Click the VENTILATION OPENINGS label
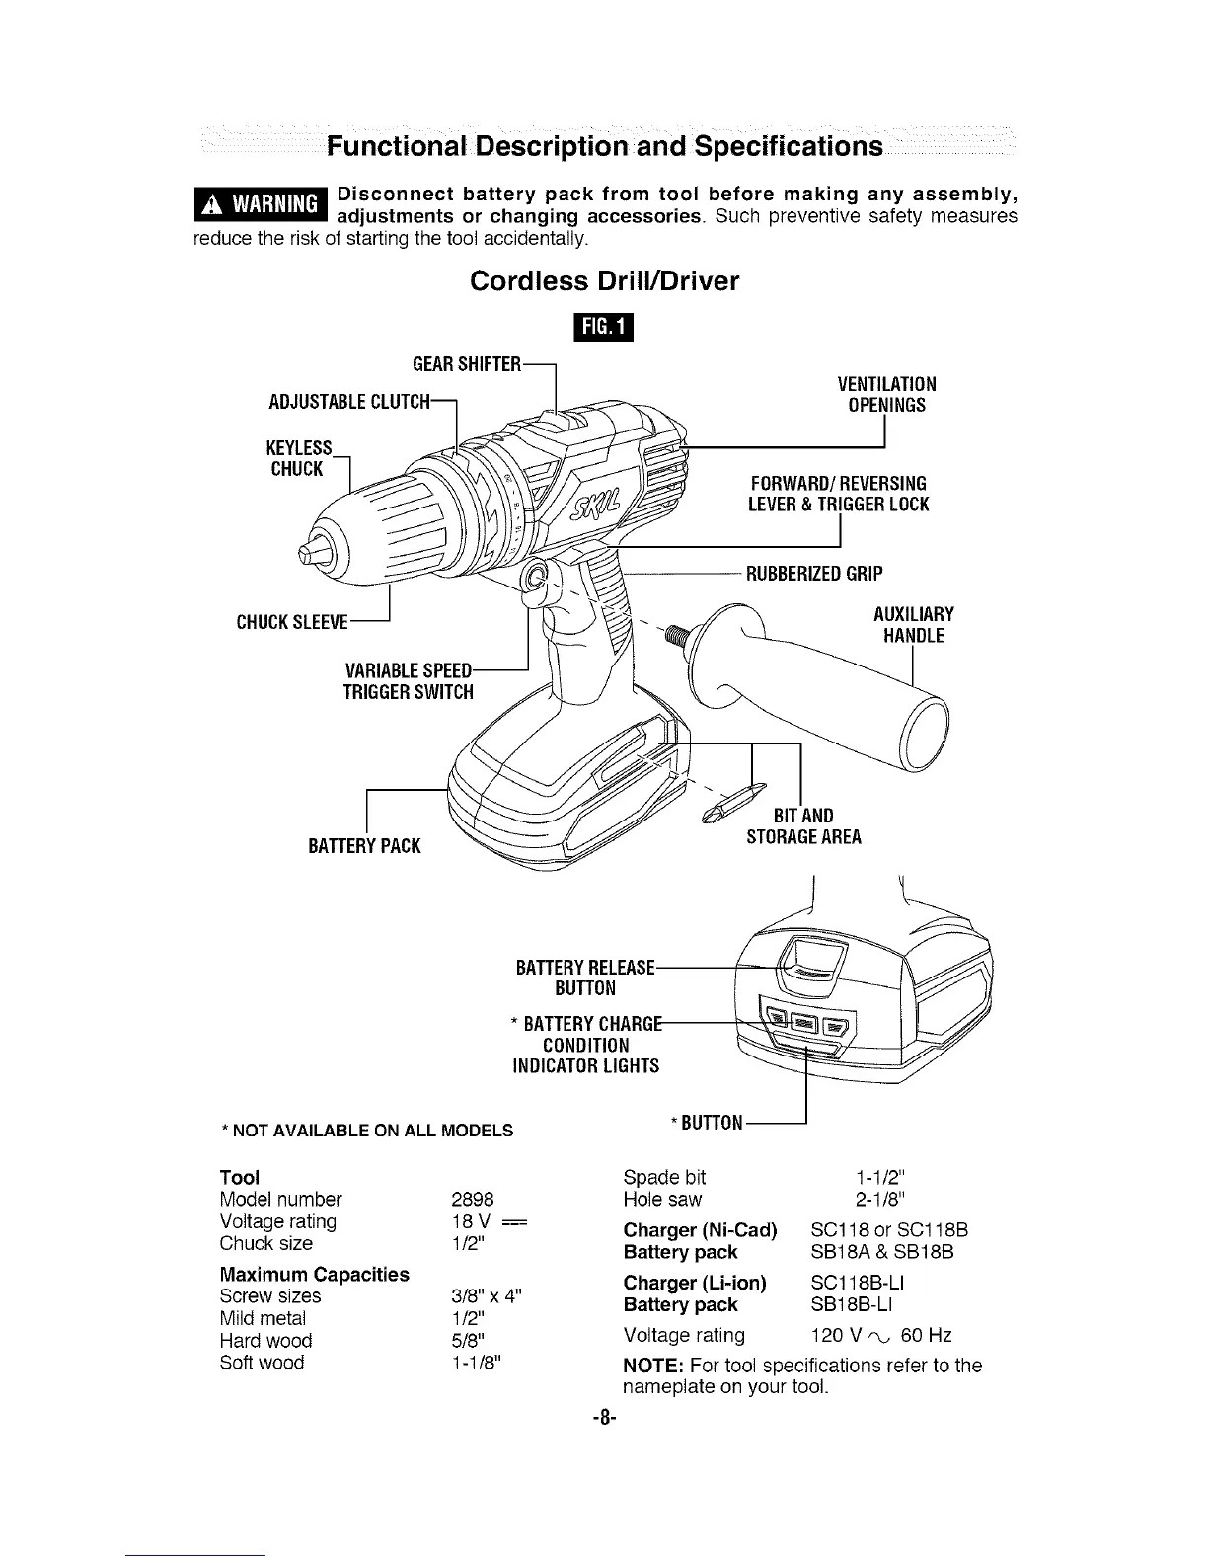(x=886, y=394)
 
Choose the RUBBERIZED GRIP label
(x=814, y=574)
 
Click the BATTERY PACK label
(x=364, y=846)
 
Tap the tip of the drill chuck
(x=309, y=546)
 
